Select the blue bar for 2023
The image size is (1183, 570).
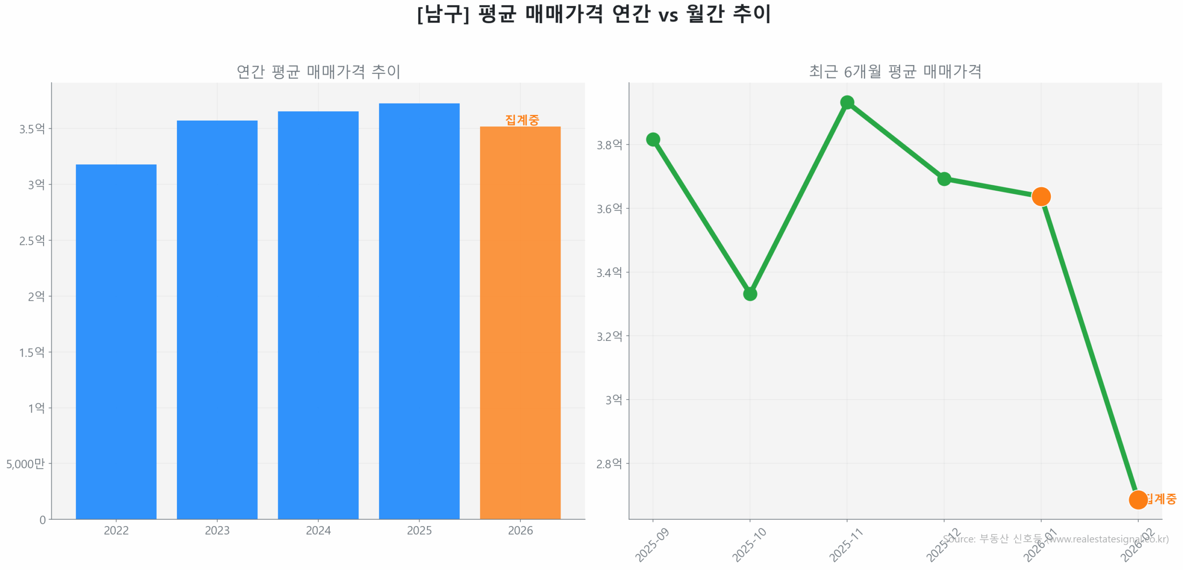click(217, 319)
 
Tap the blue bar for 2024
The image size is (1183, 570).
click(318, 315)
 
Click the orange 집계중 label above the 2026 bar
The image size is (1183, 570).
click(522, 120)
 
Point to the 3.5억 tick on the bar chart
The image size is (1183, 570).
click(32, 128)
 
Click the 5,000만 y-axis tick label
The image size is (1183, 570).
click(25, 463)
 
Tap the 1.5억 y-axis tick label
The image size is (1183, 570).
click(32, 352)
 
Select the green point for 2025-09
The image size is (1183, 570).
click(652, 139)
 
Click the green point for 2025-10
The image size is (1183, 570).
click(750, 294)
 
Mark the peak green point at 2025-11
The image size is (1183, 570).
click(847, 102)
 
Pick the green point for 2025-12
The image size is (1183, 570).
click(944, 178)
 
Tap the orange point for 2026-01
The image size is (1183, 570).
click(1041, 196)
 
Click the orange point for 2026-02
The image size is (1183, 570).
click(1137, 499)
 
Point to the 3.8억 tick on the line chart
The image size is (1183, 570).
click(609, 145)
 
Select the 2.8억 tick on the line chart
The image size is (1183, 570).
click(609, 463)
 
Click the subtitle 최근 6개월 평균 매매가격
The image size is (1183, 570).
click(895, 71)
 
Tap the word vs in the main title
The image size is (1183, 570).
click(668, 15)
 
